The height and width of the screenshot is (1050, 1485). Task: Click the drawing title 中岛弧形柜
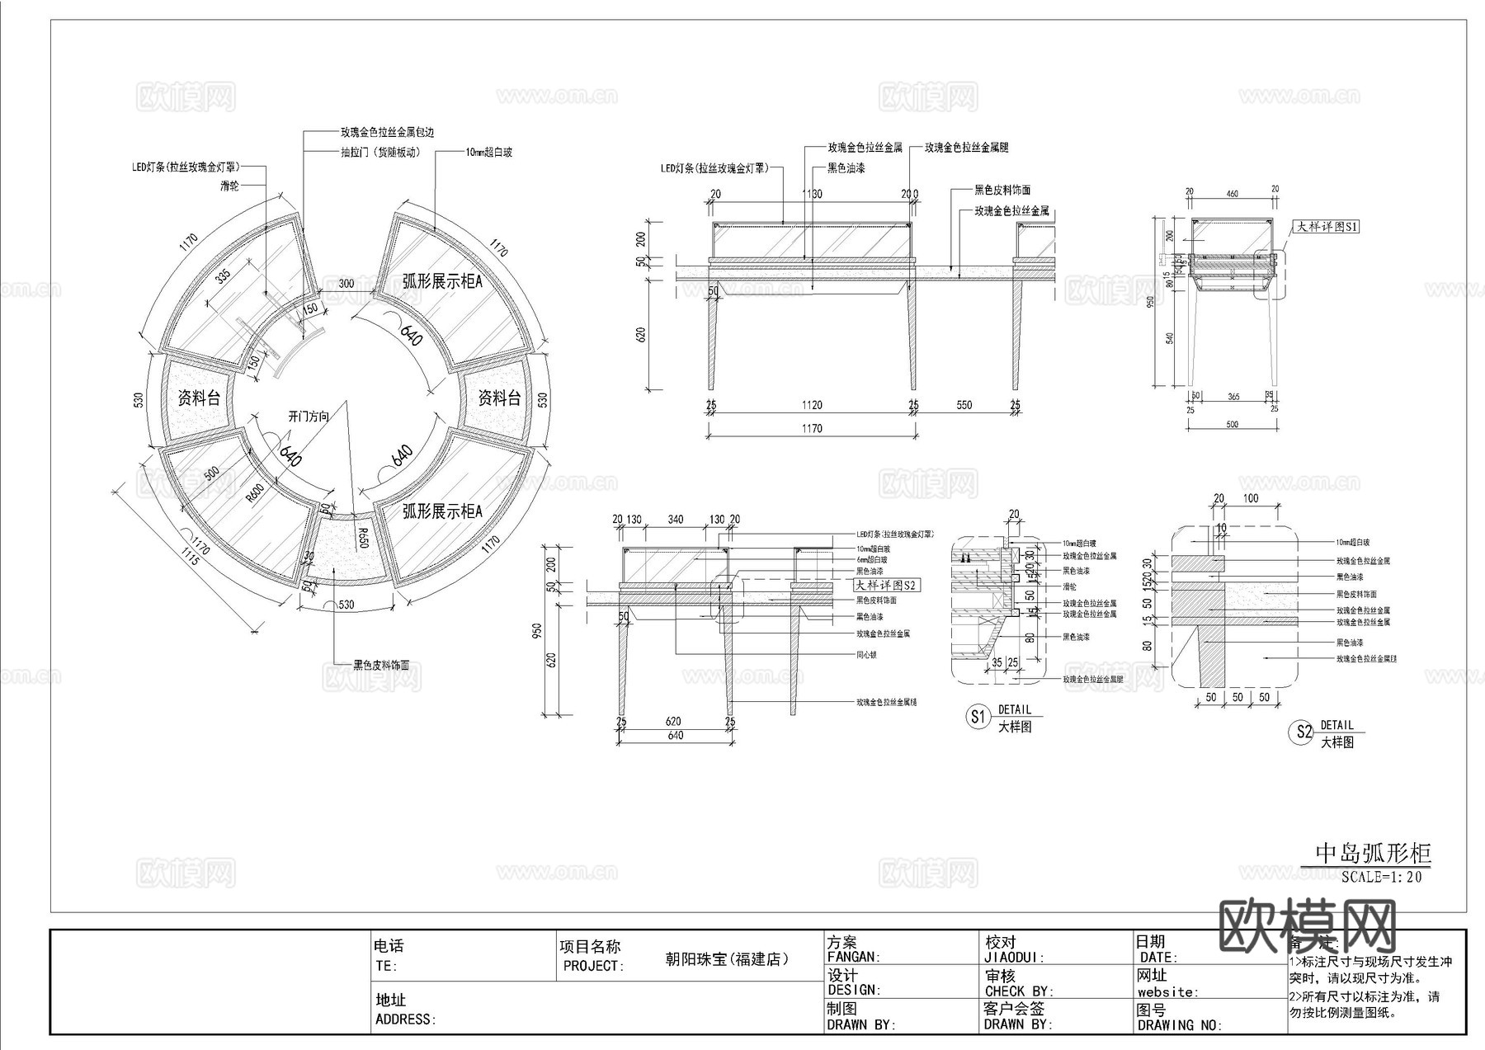coord(1373,853)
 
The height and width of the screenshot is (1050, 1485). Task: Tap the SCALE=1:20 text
coord(1381,877)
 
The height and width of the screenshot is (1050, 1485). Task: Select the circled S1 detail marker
coord(978,717)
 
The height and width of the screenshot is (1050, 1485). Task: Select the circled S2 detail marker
coord(1300,732)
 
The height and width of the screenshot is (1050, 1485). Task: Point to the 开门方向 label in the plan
coord(308,417)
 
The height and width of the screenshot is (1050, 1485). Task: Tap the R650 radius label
coord(361,538)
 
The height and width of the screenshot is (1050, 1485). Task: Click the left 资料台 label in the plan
coord(199,398)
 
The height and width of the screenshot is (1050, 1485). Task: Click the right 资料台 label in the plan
coord(499,398)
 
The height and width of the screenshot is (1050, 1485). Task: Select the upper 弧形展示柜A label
coord(441,281)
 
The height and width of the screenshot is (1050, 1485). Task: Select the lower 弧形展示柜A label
coord(441,511)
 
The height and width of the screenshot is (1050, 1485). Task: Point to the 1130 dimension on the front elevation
coord(812,195)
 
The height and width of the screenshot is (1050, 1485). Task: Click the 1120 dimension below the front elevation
coord(811,405)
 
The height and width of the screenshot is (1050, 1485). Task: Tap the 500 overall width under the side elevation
coord(1232,425)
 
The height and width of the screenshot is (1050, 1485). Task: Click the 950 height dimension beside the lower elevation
coord(538,631)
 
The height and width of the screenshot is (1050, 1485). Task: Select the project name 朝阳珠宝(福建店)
coord(727,959)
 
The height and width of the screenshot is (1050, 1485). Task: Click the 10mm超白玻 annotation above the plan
coord(488,153)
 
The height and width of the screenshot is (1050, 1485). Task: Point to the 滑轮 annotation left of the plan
coord(229,186)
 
